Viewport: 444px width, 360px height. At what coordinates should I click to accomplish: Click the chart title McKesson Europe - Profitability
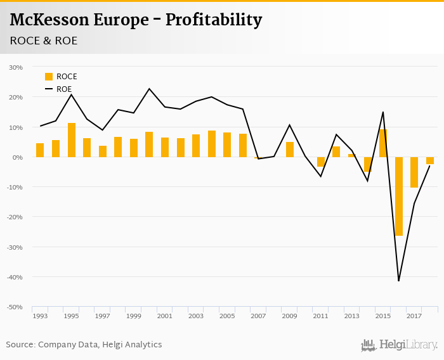click(x=136, y=20)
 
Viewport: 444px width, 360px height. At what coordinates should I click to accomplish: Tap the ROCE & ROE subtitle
click(x=44, y=41)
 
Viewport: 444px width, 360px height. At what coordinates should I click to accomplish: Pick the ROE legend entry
click(x=58, y=89)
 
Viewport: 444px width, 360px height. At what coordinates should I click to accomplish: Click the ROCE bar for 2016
click(x=399, y=196)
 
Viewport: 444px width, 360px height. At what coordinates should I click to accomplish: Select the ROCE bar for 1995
click(x=72, y=140)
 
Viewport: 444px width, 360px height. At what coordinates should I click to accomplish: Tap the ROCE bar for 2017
click(x=414, y=172)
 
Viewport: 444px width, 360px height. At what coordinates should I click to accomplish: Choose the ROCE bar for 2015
click(x=383, y=143)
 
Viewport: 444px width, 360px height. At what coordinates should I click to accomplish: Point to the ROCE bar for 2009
click(x=290, y=150)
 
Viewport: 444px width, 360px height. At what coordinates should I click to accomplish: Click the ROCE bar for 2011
click(x=321, y=162)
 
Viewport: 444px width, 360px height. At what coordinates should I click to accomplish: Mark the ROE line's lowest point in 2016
click(x=399, y=280)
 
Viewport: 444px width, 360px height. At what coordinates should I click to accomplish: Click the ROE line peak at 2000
click(x=150, y=89)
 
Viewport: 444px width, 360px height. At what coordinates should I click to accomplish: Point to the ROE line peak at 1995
click(x=72, y=95)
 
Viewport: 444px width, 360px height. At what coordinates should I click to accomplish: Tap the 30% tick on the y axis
click(x=16, y=67)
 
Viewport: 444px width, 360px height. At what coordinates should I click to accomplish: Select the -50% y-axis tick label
click(x=15, y=307)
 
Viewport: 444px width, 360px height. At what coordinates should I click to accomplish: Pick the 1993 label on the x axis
click(x=40, y=316)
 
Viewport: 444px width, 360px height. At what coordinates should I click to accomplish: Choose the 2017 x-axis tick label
click(x=414, y=316)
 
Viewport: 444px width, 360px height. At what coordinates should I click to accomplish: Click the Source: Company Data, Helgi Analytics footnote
click(x=84, y=345)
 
